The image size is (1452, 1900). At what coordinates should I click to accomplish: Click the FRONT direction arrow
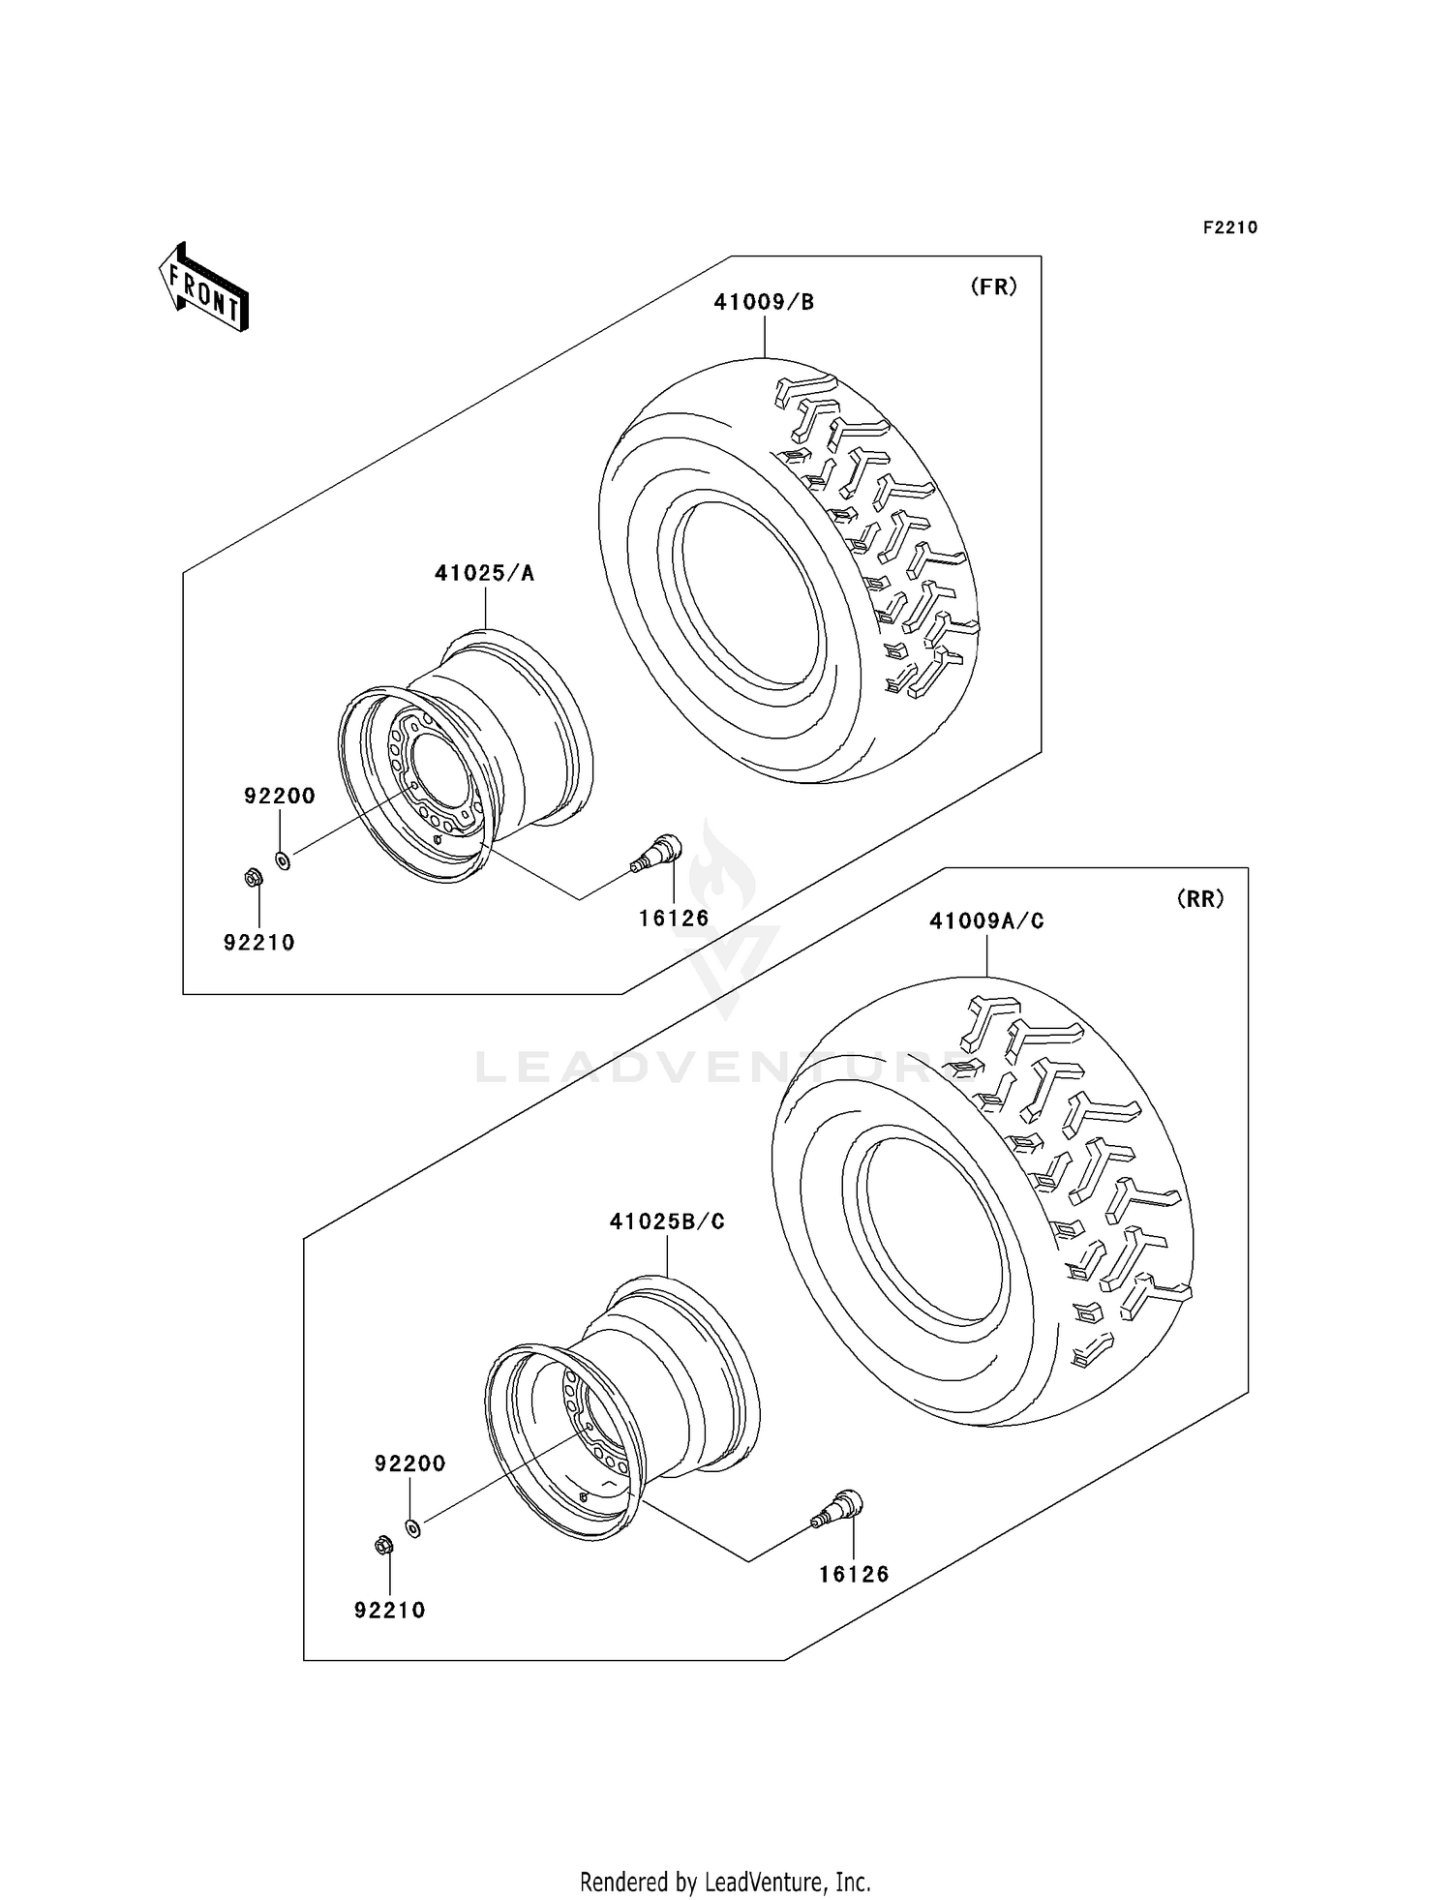[204, 287]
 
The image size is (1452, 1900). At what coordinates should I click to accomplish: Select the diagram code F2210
[1230, 227]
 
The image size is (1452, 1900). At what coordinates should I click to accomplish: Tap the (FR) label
[994, 287]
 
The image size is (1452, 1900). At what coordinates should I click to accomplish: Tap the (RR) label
[1200, 899]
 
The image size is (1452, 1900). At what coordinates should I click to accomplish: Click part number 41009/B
[764, 302]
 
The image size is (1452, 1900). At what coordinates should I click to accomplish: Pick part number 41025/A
[484, 573]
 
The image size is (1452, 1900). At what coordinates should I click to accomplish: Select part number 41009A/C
[986, 921]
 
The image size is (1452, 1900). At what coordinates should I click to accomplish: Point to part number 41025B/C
[667, 1221]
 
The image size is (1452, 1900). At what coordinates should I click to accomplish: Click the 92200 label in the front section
[280, 796]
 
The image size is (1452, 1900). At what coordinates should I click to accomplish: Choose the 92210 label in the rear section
[390, 1610]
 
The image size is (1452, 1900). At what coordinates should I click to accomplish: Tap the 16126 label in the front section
[674, 918]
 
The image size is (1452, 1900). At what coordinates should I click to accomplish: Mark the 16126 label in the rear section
[854, 1574]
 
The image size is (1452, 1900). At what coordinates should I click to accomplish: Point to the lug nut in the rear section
[382, 1545]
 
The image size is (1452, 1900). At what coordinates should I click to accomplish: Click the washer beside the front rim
[283, 860]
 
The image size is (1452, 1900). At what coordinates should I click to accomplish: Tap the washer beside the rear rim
[413, 1527]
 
